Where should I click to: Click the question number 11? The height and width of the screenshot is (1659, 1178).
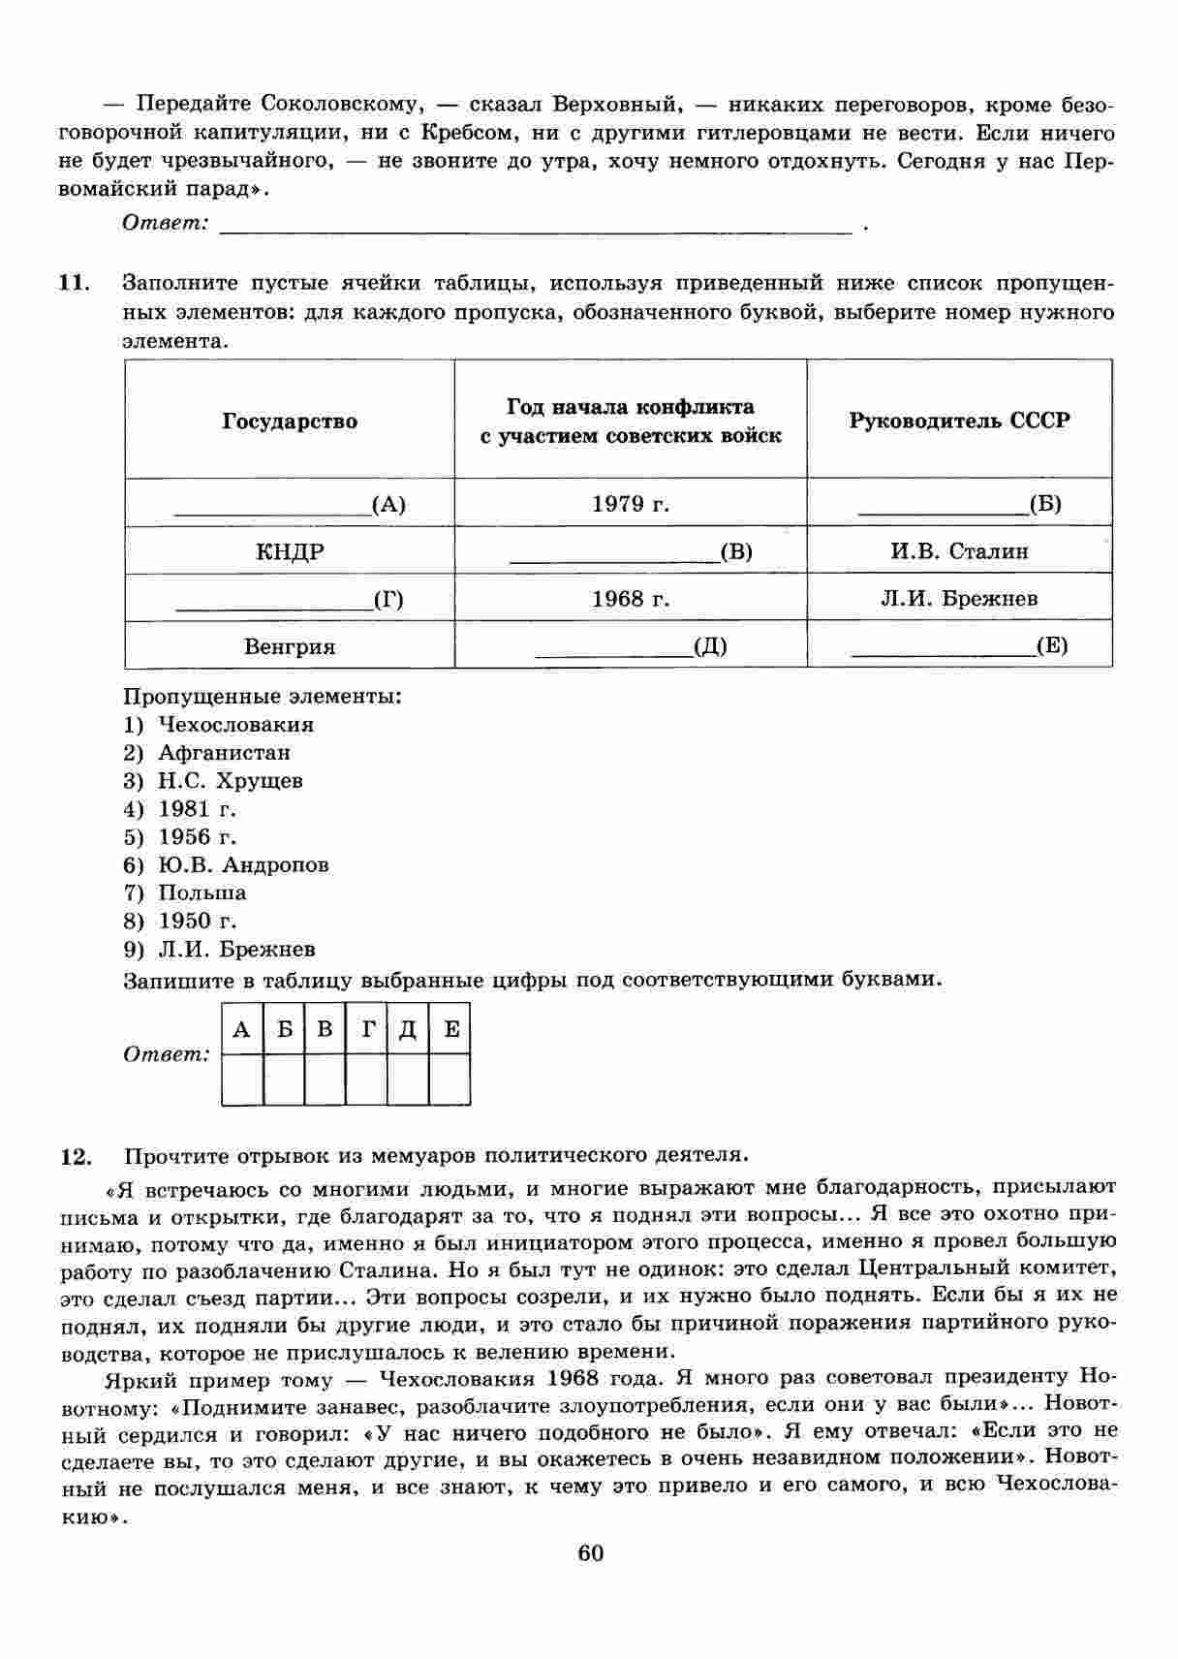click(74, 284)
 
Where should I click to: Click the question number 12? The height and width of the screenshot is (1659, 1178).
click(76, 1156)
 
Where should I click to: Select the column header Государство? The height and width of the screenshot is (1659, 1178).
click(290, 422)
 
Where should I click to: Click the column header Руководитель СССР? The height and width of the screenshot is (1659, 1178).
click(959, 421)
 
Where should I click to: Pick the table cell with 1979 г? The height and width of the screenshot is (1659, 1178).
click(631, 504)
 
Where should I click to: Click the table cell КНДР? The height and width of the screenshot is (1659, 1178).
click(290, 552)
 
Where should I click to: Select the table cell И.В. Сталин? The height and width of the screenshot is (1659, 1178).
click(959, 551)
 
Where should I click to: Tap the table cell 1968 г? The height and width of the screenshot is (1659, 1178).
click(631, 599)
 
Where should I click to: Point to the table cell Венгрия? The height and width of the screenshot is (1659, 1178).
click(290, 646)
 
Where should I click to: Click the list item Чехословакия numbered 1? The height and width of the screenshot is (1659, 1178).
click(235, 725)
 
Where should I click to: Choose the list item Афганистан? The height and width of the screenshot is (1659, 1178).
click(224, 753)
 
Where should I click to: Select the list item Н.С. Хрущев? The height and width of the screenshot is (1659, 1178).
click(230, 781)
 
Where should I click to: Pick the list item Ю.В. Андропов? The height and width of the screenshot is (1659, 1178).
click(242, 865)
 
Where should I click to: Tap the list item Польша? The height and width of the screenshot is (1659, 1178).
click(201, 893)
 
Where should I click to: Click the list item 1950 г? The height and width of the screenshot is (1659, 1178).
click(197, 922)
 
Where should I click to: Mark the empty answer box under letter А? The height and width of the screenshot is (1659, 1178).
click(242, 1079)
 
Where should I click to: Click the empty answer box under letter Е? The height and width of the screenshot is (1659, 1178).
click(449, 1079)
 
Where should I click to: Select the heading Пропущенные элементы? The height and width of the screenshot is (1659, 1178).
click(262, 697)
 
